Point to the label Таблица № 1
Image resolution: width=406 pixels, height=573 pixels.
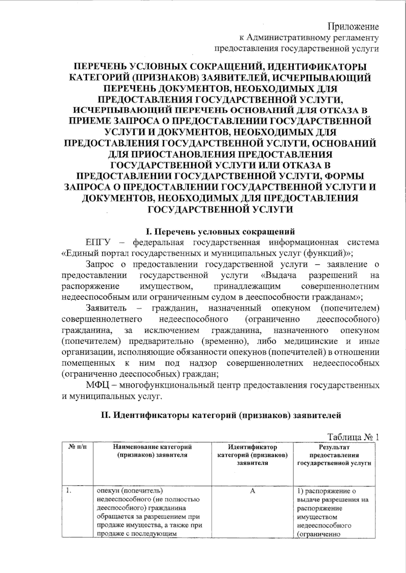pos(353,437)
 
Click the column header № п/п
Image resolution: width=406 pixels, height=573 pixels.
pos(77,448)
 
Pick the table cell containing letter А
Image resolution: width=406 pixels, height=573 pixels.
pos(252,491)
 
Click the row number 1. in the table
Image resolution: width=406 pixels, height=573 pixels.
pos(68,491)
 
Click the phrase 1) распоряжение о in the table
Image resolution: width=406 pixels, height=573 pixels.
pos(325,491)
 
